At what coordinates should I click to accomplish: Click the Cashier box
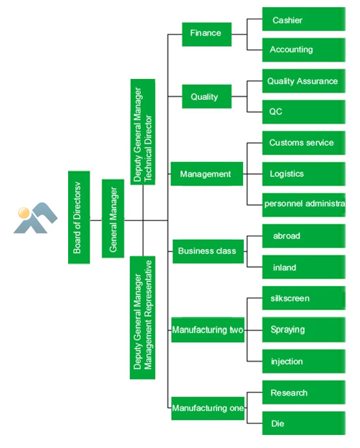[304, 19]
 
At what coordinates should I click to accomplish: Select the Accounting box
[304, 50]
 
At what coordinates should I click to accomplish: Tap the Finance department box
[207, 34]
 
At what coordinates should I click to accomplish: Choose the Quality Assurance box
[304, 81]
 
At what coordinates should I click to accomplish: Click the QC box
[304, 112]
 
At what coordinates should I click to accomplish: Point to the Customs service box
[304, 143]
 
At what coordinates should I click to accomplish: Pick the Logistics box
[304, 174]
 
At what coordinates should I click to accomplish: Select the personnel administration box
[304, 205]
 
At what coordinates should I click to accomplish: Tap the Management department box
[207, 174]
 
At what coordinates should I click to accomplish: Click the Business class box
[208, 252]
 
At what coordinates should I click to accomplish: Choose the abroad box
[304, 236]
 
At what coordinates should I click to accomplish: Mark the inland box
[304, 267]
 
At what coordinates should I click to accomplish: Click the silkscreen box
[304, 298]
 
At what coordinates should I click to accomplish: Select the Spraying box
[304, 330]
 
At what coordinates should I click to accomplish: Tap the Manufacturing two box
[208, 330]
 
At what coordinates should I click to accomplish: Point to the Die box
[304, 423]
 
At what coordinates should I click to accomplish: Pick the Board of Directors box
[79, 217]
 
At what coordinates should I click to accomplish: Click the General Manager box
[113, 218]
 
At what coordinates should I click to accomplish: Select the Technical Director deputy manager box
[143, 132]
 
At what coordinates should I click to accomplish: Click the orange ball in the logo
[23, 213]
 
